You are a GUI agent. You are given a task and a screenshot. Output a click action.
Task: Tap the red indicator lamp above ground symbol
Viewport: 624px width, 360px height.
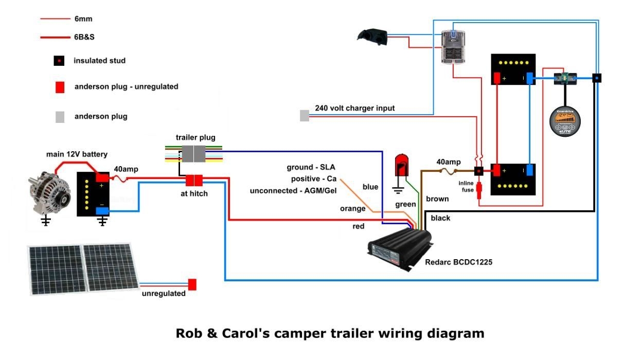click(x=400, y=164)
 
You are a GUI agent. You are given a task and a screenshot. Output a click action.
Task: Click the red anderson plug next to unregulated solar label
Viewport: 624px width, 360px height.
click(x=192, y=284)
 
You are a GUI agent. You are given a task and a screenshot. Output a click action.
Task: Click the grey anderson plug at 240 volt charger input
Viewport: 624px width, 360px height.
click(x=305, y=116)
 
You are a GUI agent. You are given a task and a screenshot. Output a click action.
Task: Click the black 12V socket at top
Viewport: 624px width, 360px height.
click(x=371, y=35)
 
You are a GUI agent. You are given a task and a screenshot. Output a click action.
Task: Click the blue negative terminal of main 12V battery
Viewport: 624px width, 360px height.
click(x=101, y=210)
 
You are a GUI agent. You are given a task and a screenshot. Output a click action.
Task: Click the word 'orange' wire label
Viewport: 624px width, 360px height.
click(x=352, y=209)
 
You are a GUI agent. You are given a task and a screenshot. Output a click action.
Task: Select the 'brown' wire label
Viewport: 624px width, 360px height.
click(x=437, y=199)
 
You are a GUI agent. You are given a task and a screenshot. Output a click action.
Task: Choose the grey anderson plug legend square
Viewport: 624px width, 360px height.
click(x=60, y=116)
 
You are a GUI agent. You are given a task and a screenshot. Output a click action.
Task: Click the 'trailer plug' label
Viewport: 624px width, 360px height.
click(x=195, y=137)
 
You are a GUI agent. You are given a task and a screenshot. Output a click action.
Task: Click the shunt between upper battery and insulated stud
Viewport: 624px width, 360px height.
click(x=565, y=79)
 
